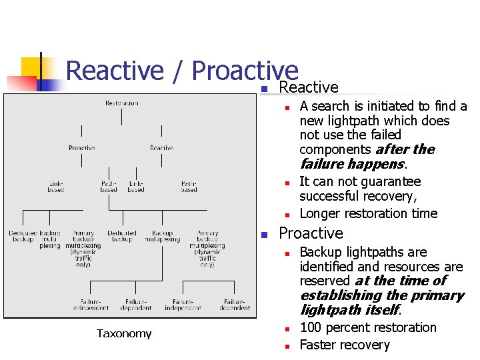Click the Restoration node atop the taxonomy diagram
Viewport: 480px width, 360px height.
(121, 103)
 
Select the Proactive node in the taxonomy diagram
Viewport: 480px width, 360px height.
(81, 147)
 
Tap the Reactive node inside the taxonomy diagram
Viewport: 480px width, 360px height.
(161, 147)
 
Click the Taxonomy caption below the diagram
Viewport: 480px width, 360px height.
(123, 333)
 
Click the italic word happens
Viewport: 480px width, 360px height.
(381, 164)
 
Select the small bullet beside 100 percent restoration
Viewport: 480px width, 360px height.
(285, 329)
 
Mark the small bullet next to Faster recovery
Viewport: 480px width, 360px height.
(285, 346)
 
